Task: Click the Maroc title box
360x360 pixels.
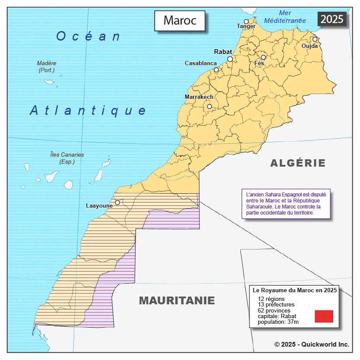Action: pos(180,20)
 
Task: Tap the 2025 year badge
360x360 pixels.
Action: pos(332,19)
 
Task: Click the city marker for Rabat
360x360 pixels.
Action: pos(230,59)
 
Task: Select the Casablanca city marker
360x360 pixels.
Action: pos(216,70)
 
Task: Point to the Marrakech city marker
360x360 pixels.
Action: pos(209,106)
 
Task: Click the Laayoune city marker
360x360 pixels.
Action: pos(117,202)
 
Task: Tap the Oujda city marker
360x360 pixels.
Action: pos(315,39)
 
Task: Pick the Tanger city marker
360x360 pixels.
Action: pos(246,22)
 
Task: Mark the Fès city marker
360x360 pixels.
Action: pos(263,57)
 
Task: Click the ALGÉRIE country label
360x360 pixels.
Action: pos(298,163)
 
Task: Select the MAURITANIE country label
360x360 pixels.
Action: pos(177,300)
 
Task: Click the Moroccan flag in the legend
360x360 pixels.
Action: pos(324,316)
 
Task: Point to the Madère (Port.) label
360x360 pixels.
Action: pos(47,66)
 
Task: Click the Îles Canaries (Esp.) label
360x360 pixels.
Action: pos(67,158)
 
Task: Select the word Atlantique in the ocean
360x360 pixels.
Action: pos(88,111)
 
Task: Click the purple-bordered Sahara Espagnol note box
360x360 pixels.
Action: pos(285,204)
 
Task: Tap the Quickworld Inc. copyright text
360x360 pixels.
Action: pos(312,344)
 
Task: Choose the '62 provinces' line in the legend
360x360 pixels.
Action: pos(274,310)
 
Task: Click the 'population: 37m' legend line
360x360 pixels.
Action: pos(278,322)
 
